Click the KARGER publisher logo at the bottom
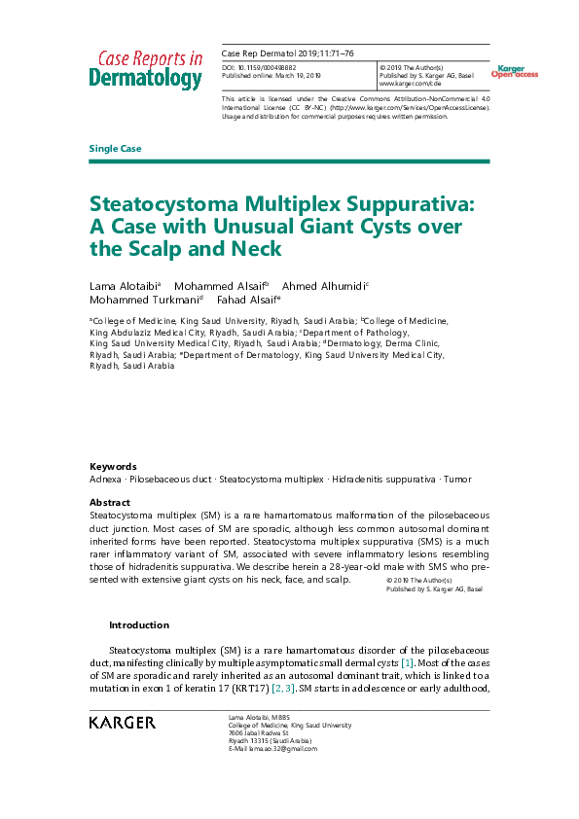(122, 723)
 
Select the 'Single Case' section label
(115, 149)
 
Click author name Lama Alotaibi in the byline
(125, 286)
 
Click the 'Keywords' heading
(113, 466)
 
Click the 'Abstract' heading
(110, 502)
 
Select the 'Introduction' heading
(138, 625)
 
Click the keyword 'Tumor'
(457, 480)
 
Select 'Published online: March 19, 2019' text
(273, 76)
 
